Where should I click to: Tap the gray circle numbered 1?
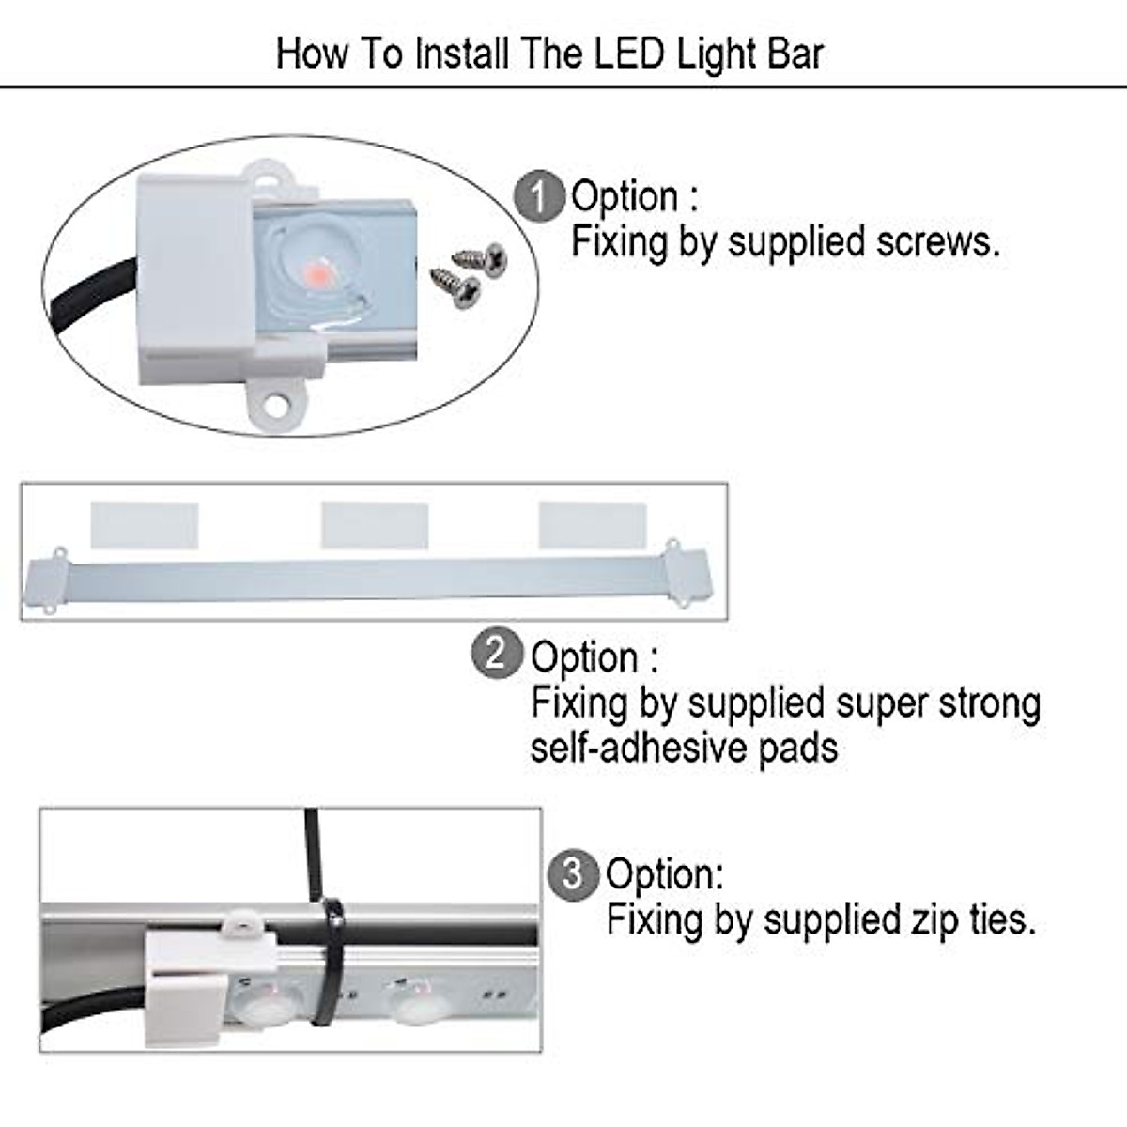tap(538, 197)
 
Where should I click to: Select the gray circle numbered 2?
tap(497, 653)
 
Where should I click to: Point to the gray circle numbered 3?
tap(572, 874)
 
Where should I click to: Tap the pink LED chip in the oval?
tap(316, 273)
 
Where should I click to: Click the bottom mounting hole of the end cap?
tap(275, 404)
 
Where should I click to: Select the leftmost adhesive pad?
tap(144, 525)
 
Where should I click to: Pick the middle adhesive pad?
tap(375, 525)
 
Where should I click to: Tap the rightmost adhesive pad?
tap(593, 525)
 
